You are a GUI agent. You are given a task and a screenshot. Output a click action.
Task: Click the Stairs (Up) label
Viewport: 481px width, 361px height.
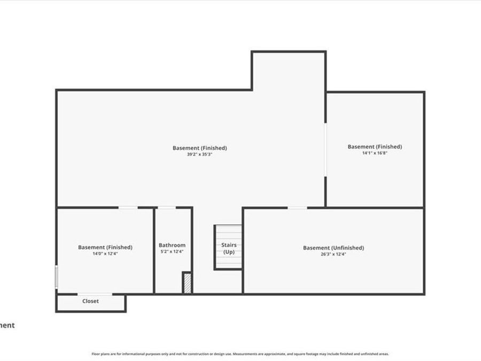(229, 248)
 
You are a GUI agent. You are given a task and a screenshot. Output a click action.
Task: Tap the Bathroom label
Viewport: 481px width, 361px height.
(172, 245)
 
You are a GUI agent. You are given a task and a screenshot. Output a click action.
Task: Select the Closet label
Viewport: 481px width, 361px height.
(90, 301)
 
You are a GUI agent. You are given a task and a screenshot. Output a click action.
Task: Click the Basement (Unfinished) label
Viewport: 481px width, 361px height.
(333, 248)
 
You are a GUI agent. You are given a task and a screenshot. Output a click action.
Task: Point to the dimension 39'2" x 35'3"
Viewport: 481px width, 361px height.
(199, 155)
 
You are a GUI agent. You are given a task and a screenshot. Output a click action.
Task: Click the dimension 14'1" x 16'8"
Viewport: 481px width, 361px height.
(375, 153)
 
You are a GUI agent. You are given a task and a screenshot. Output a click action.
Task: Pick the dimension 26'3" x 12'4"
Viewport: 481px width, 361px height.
(333, 255)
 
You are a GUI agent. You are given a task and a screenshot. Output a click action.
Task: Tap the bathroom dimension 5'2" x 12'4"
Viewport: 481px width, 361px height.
(172, 251)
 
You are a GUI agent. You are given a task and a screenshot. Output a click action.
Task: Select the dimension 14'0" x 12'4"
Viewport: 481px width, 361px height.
(105, 254)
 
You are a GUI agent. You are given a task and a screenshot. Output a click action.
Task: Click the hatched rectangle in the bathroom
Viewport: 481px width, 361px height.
(187, 283)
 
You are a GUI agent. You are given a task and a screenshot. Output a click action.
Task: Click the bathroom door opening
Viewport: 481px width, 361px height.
(167, 208)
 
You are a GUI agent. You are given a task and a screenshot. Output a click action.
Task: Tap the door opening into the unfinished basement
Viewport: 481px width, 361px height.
(298, 208)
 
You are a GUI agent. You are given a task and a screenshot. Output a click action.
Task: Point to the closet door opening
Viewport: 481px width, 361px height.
(95, 294)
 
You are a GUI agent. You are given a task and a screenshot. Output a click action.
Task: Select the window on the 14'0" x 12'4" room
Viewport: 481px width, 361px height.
(57, 278)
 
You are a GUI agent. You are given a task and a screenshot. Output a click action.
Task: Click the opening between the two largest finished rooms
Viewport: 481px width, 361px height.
(325, 150)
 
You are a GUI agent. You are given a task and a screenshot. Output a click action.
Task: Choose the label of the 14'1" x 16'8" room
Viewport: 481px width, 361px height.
(375, 147)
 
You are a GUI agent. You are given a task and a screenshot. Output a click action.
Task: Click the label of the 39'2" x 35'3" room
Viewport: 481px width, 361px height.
(199, 148)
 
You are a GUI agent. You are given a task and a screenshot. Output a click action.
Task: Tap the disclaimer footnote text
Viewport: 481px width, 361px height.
(240, 354)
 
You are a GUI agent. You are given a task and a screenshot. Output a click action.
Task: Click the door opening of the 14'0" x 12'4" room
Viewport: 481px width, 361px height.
(128, 208)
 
